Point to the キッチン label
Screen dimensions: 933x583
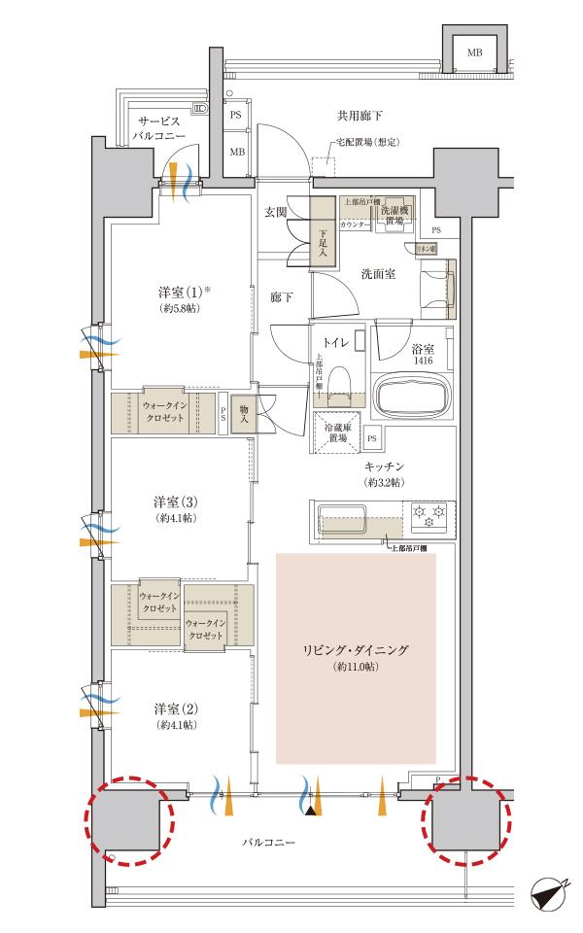(x=385, y=467)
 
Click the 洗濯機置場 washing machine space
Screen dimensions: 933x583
(x=397, y=215)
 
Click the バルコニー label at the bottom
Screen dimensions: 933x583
(x=267, y=840)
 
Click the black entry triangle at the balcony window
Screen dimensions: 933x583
(x=310, y=810)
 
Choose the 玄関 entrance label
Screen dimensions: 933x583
(x=275, y=212)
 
